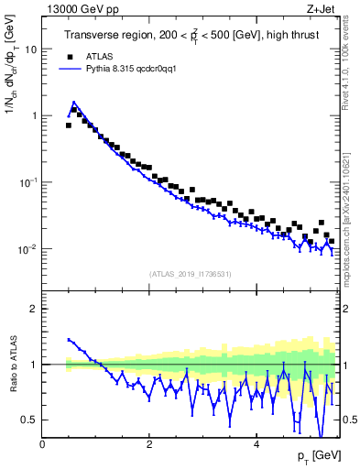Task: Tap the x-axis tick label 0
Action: (42, 444)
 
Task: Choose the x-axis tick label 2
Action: (149, 444)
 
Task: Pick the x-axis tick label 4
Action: (256, 444)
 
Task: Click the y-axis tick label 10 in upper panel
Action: (30, 49)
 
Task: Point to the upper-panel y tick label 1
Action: (33, 116)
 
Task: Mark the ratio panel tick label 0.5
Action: (29, 420)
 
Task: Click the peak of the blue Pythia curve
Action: (73, 103)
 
